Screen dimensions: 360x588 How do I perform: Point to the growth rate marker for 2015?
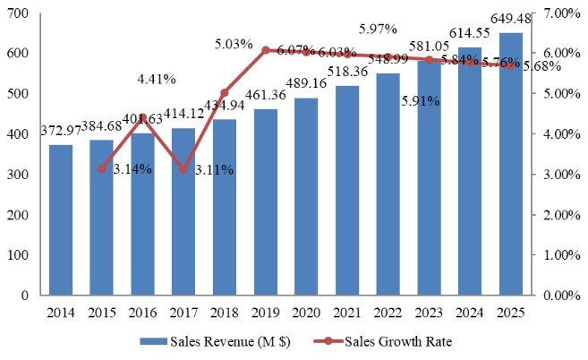[102, 168]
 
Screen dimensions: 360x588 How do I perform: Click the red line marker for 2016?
[142, 117]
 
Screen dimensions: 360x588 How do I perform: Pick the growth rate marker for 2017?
[183, 169]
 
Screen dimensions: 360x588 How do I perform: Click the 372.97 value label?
[61, 133]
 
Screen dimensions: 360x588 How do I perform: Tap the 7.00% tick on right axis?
[563, 13]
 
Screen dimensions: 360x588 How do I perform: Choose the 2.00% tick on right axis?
[563, 215]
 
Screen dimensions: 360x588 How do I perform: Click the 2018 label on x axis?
[224, 313]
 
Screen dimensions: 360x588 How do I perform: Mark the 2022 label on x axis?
[388, 313]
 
